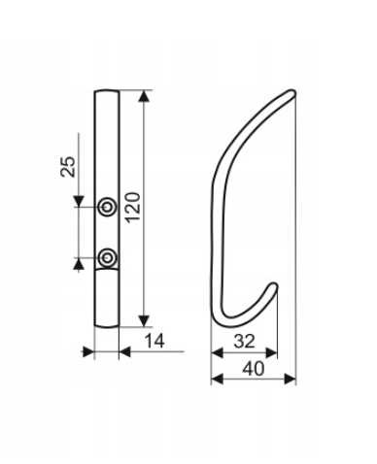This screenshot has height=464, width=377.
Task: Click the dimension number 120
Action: [x=133, y=208]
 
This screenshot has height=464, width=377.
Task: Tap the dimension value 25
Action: [x=68, y=167]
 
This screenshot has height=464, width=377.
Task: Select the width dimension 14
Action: [x=154, y=341]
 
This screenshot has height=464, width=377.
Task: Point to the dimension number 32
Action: [x=244, y=341]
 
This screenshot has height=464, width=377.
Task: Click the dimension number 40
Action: [x=254, y=369]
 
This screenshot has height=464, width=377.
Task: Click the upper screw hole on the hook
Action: [x=107, y=206]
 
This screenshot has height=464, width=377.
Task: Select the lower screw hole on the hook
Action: [x=107, y=258]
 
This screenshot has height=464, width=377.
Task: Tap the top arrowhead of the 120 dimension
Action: [x=144, y=96]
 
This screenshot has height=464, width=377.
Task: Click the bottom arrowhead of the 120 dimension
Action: [x=144, y=320]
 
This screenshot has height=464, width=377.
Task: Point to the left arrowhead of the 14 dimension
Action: [x=88, y=351]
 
